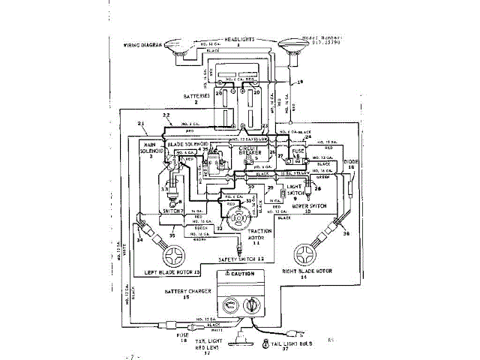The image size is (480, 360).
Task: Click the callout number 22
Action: pyautogui.click(x=167, y=116)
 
